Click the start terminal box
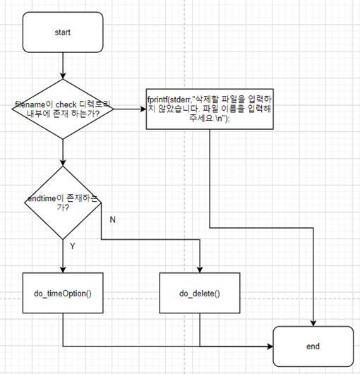(x=63, y=32)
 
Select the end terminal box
(x=313, y=346)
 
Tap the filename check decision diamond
(x=63, y=109)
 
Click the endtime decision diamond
(x=63, y=204)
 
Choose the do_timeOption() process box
(x=63, y=292)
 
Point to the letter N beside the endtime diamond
(x=112, y=219)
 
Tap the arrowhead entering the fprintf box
(x=143, y=109)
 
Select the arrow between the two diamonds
(x=63, y=152)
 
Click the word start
(x=63, y=32)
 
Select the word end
(x=313, y=346)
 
